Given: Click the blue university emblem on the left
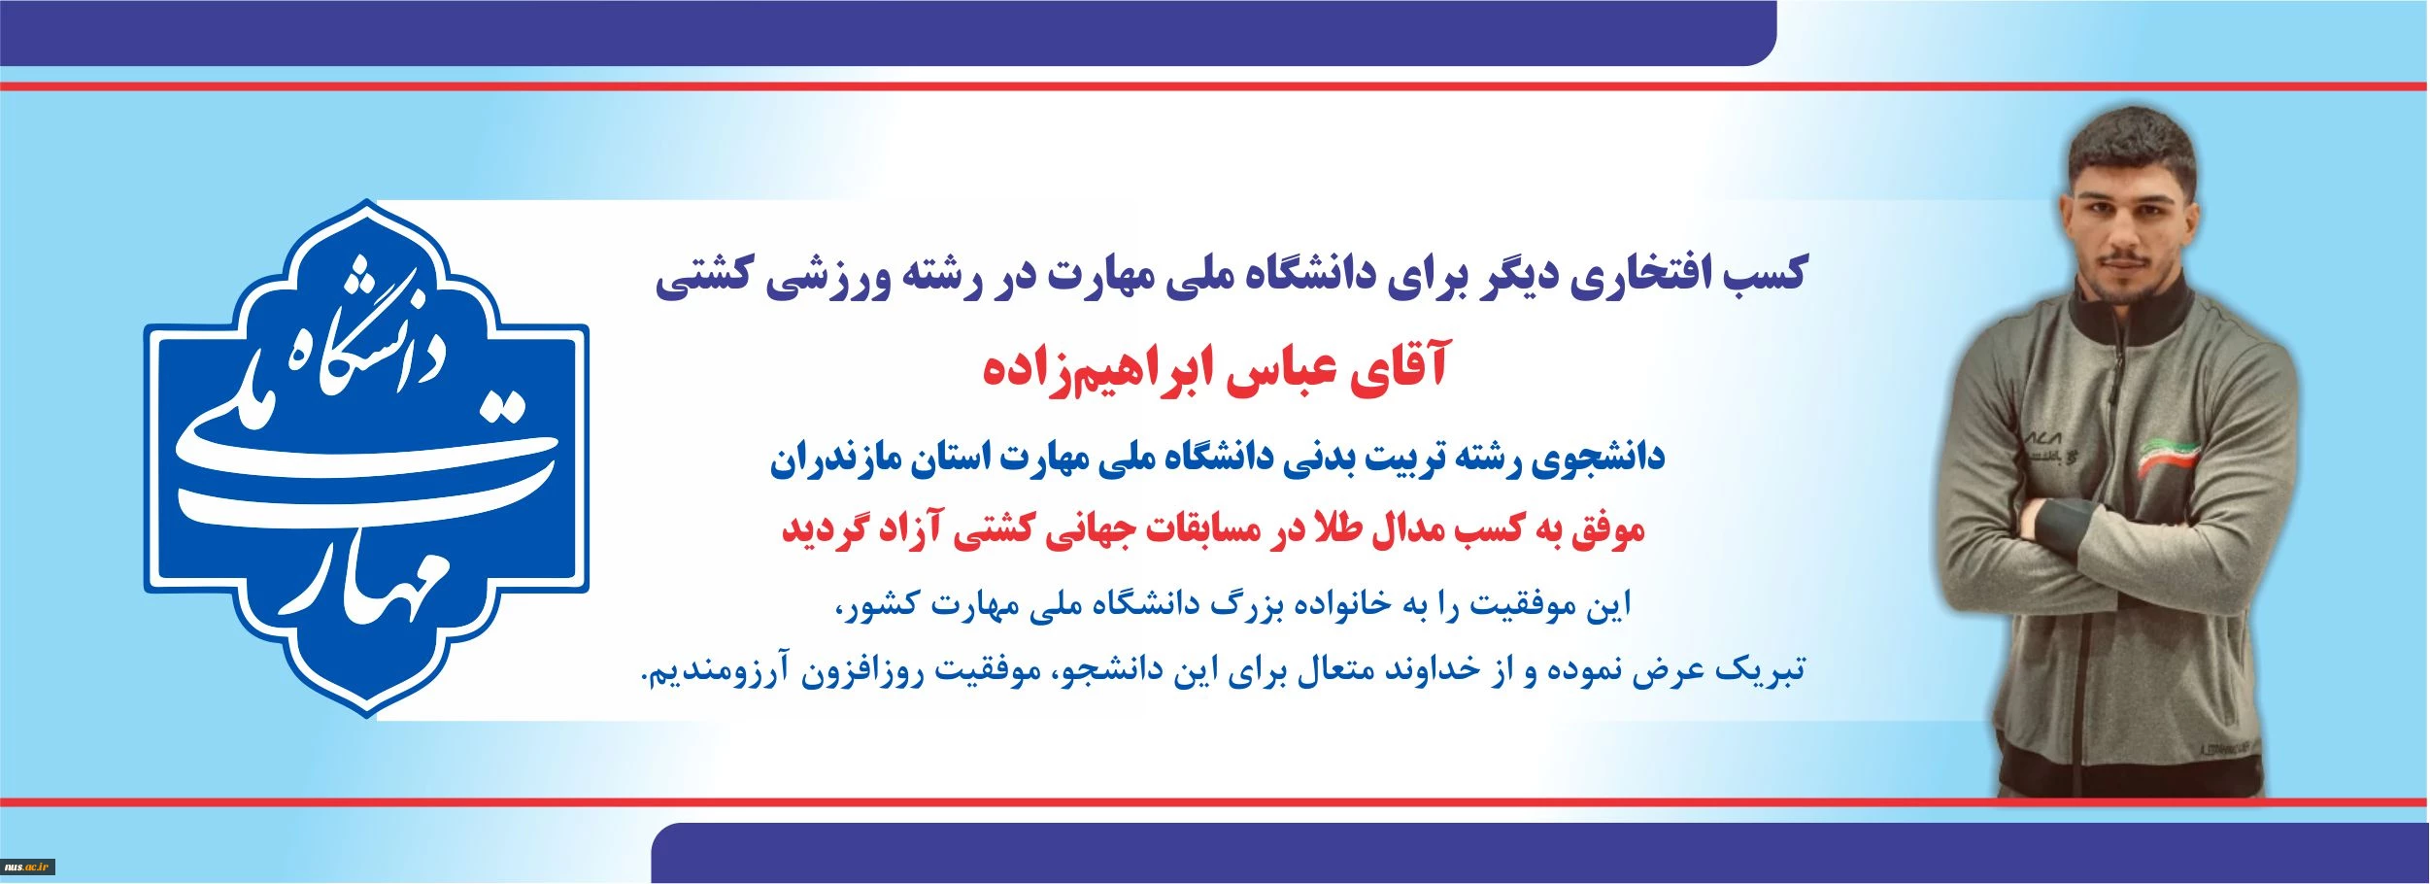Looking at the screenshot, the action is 366,459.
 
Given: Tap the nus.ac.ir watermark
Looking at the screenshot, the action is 27,867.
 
